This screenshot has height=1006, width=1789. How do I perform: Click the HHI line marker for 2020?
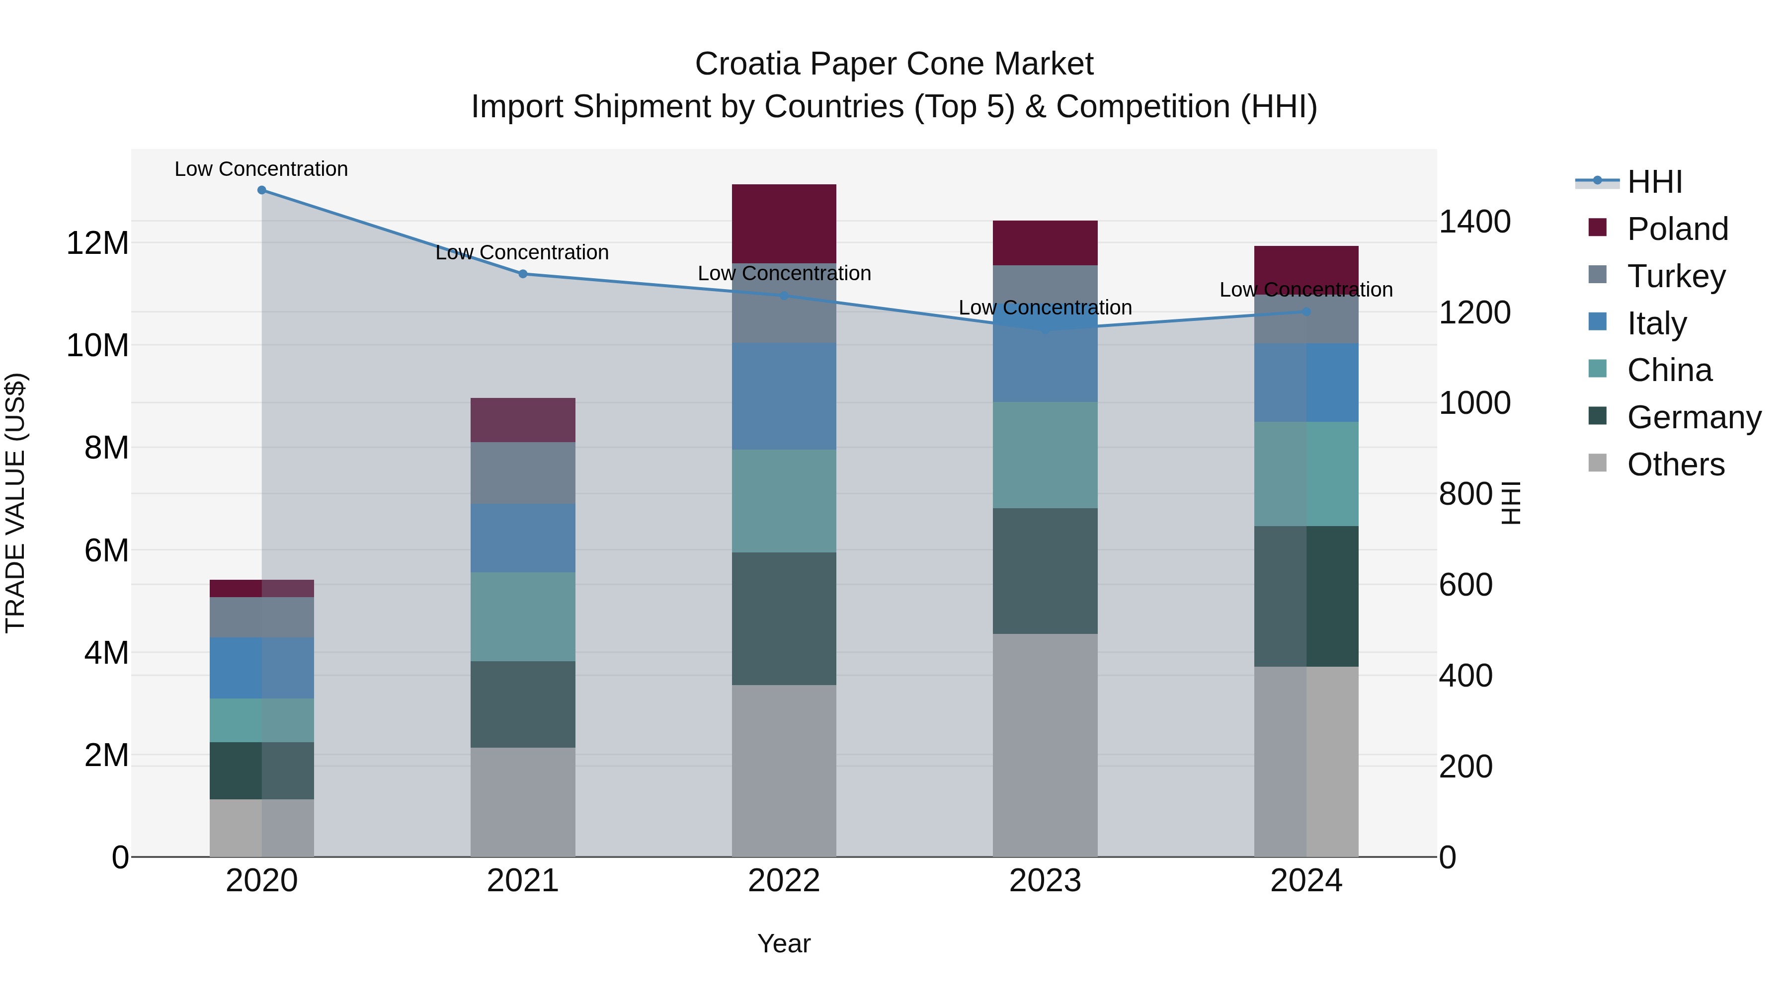[x=262, y=190]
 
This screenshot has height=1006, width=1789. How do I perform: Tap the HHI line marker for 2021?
[x=523, y=274]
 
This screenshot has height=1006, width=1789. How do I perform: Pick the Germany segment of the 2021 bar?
[x=523, y=704]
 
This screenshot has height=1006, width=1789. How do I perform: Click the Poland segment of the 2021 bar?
[x=523, y=420]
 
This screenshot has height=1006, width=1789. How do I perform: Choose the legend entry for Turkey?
[x=1675, y=276]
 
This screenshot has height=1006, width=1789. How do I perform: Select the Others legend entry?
[x=1675, y=464]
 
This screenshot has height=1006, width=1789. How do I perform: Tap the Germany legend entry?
[x=1693, y=417]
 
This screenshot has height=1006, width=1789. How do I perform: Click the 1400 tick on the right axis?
[x=1474, y=222]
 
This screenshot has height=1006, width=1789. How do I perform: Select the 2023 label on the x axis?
[x=1045, y=881]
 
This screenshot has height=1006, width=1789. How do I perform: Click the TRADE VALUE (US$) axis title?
[x=16, y=503]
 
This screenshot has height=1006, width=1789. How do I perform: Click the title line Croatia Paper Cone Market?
[x=894, y=64]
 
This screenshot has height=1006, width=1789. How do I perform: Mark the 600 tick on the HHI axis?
[x=1465, y=585]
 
